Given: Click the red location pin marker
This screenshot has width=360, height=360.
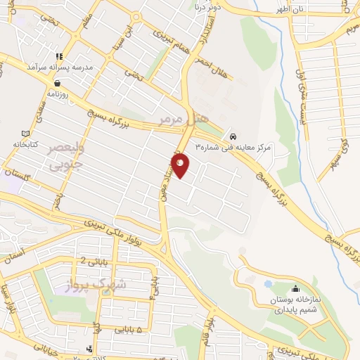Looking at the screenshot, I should pos(181,165).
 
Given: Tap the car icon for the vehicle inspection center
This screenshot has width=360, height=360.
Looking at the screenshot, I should pos(233,136).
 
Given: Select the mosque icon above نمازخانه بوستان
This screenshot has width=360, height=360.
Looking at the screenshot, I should pos(295,289).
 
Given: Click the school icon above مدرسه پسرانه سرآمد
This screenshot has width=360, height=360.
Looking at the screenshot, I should pos(60,56).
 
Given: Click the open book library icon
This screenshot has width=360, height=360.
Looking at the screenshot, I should pos(26,134).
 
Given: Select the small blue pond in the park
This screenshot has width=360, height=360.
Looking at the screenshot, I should pos(268,284).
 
